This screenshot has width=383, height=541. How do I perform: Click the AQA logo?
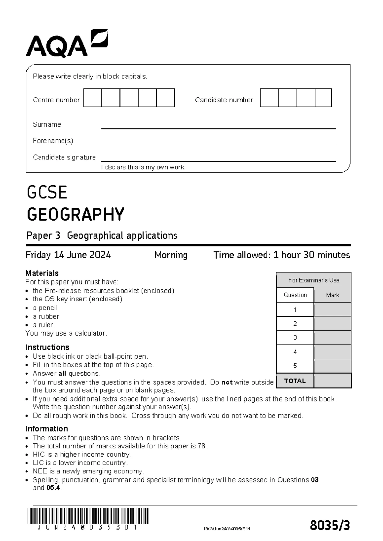[x=67, y=44]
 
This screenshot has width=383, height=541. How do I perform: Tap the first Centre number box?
[x=93, y=98]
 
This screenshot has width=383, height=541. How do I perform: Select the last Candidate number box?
[x=323, y=98]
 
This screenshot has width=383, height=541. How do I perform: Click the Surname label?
[x=47, y=124]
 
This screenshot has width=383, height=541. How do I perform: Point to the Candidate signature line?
[x=219, y=161]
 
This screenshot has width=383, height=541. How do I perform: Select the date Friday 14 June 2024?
[x=68, y=255]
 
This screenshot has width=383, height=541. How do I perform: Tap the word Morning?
[x=171, y=255]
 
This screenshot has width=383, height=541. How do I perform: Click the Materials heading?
[x=42, y=273]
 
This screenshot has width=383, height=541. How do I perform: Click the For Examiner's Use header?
[x=314, y=280]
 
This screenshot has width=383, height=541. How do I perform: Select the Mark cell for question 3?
[x=333, y=337]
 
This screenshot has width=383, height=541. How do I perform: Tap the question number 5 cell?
[x=295, y=366]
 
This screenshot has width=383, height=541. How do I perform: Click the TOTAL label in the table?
[x=295, y=381]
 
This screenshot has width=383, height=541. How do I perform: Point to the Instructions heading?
[x=47, y=347]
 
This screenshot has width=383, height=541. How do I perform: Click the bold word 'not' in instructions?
[x=227, y=382]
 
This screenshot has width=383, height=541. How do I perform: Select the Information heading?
[x=47, y=428]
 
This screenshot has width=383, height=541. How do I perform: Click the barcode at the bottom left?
[x=88, y=516]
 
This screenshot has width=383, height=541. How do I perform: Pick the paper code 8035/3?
[x=330, y=525]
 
